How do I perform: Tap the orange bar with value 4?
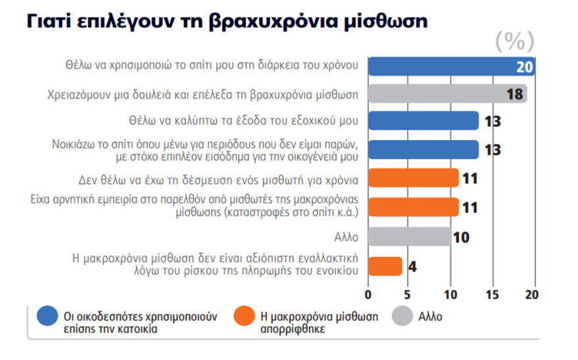click(x=385, y=266)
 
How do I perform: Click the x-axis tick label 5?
click(x=408, y=293)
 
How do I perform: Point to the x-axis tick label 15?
click(x=491, y=293)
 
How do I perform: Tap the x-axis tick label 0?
click(x=368, y=293)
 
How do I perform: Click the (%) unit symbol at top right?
click(x=514, y=42)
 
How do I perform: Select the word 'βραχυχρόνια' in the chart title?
click(x=277, y=22)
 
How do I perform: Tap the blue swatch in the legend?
click(x=47, y=316)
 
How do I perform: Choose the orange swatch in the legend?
click(x=244, y=316)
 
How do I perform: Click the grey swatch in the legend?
click(x=401, y=316)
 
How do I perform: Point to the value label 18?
click(x=516, y=94)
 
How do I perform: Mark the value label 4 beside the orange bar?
click(x=412, y=267)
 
